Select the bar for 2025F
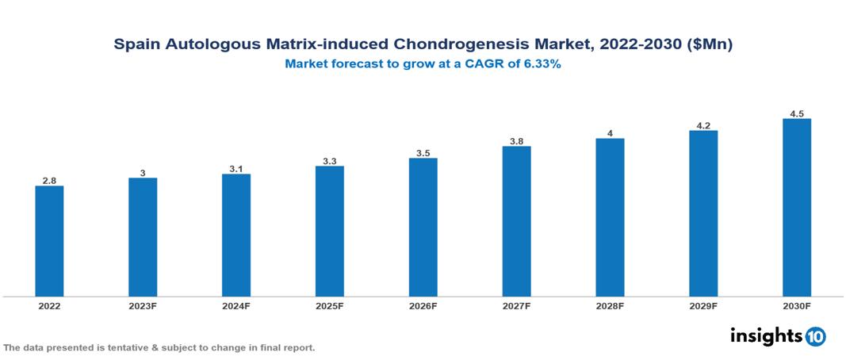(x=329, y=231)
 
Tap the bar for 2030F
(x=796, y=207)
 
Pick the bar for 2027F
(x=516, y=221)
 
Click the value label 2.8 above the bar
(x=49, y=181)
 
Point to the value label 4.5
(x=796, y=113)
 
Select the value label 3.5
(x=423, y=153)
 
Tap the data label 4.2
(x=702, y=125)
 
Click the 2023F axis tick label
(x=143, y=306)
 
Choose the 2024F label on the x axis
(x=236, y=306)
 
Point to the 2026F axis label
(x=423, y=306)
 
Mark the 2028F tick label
(x=610, y=306)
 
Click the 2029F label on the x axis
(x=702, y=306)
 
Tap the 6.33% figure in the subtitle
(x=542, y=65)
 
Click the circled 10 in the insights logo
(x=815, y=336)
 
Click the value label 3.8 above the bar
(x=516, y=141)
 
